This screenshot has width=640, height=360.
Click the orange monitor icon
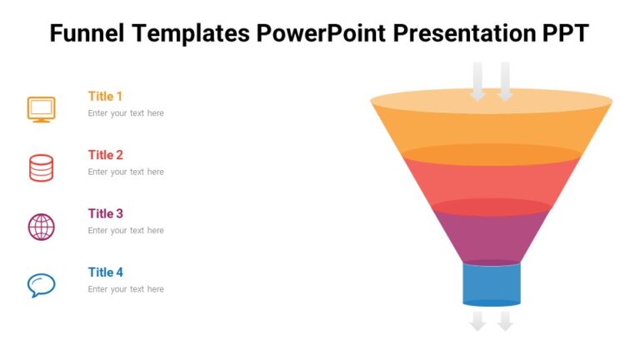pos(41,109)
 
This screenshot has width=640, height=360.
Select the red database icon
pos(41,167)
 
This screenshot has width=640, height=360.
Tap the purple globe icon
pos(41,227)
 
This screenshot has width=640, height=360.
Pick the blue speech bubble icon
pos(41,285)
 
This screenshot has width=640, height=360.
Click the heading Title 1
pos(106,96)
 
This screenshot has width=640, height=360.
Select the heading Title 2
pos(106,155)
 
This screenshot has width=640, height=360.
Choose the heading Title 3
pos(106,213)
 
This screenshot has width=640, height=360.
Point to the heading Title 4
pos(106,272)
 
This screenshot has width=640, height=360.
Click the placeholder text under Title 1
pos(126,113)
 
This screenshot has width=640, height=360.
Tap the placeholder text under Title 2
pos(126,172)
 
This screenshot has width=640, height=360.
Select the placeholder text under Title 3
pos(126,231)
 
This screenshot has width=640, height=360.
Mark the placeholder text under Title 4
pos(126,289)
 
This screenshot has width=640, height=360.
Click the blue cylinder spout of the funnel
pos(491,283)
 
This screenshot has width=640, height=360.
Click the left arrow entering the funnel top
pos(477,82)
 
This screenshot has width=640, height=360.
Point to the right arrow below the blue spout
pos(505,321)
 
